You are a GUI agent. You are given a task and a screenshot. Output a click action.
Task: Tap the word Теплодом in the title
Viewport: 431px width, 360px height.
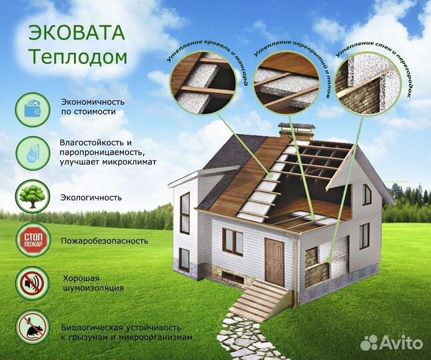point(79,57)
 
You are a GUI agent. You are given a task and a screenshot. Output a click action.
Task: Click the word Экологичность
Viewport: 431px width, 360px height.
point(91,197)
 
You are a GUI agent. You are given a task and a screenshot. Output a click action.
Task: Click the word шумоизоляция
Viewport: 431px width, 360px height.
point(93,288)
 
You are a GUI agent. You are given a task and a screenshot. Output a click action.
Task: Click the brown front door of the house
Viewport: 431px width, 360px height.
point(274,253)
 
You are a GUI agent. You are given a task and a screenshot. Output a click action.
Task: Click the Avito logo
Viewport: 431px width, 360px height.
point(392,342)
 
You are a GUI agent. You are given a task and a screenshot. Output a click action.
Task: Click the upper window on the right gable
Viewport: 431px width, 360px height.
point(367,195)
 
